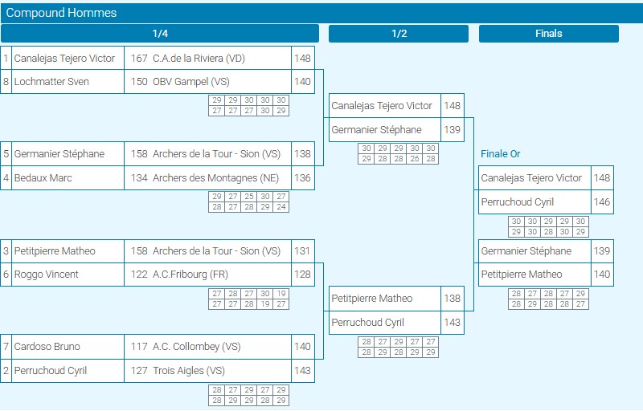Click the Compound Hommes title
[61, 13]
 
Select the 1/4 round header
[160, 34]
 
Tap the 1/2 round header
[399, 34]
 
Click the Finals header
[549, 34]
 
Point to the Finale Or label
[500, 154]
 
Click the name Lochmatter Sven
[51, 81]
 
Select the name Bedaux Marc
[43, 178]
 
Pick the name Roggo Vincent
[47, 275]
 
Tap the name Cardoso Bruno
[47, 346]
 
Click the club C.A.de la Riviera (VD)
[199, 59]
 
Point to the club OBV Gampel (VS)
[191, 82]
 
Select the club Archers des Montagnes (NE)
[215, 178]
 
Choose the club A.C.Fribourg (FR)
[190, 275]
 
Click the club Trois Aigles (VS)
[189, 371]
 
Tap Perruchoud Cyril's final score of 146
[602, 201]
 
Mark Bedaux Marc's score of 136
[302, 178]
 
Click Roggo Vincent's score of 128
[302, 275]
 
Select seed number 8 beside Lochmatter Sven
[6, 81]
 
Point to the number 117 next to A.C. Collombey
[139, 346]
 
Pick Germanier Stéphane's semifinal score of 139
[452, 130]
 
